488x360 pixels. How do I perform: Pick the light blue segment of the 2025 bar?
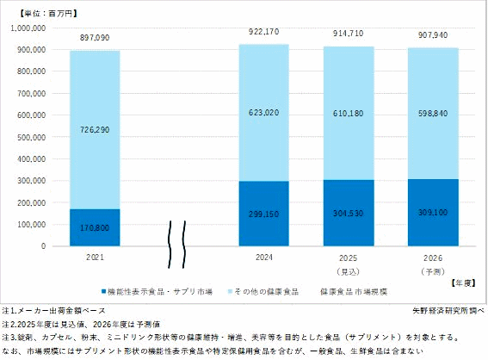click(349, 114)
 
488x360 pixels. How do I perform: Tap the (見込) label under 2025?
click(349, 270)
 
